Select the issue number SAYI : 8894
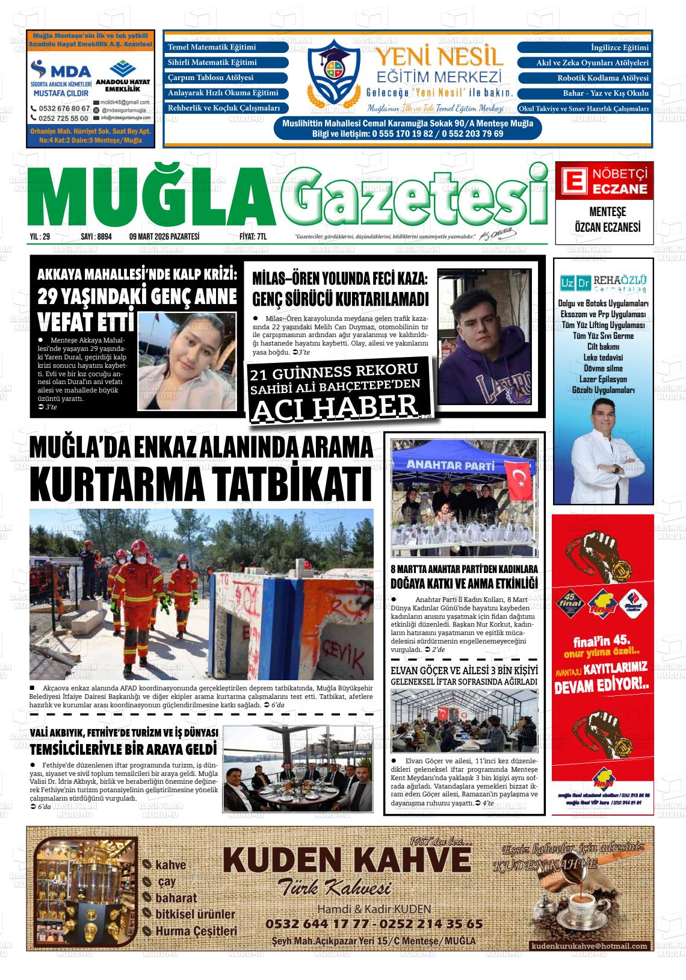coord(96,237)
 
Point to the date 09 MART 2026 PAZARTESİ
coord(164,237)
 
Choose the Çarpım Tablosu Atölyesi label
coord(211,78)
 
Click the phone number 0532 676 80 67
coord(60,108)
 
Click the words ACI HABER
coord(335,408)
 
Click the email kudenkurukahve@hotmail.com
coord(589,946)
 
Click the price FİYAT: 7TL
coord(253,237)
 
